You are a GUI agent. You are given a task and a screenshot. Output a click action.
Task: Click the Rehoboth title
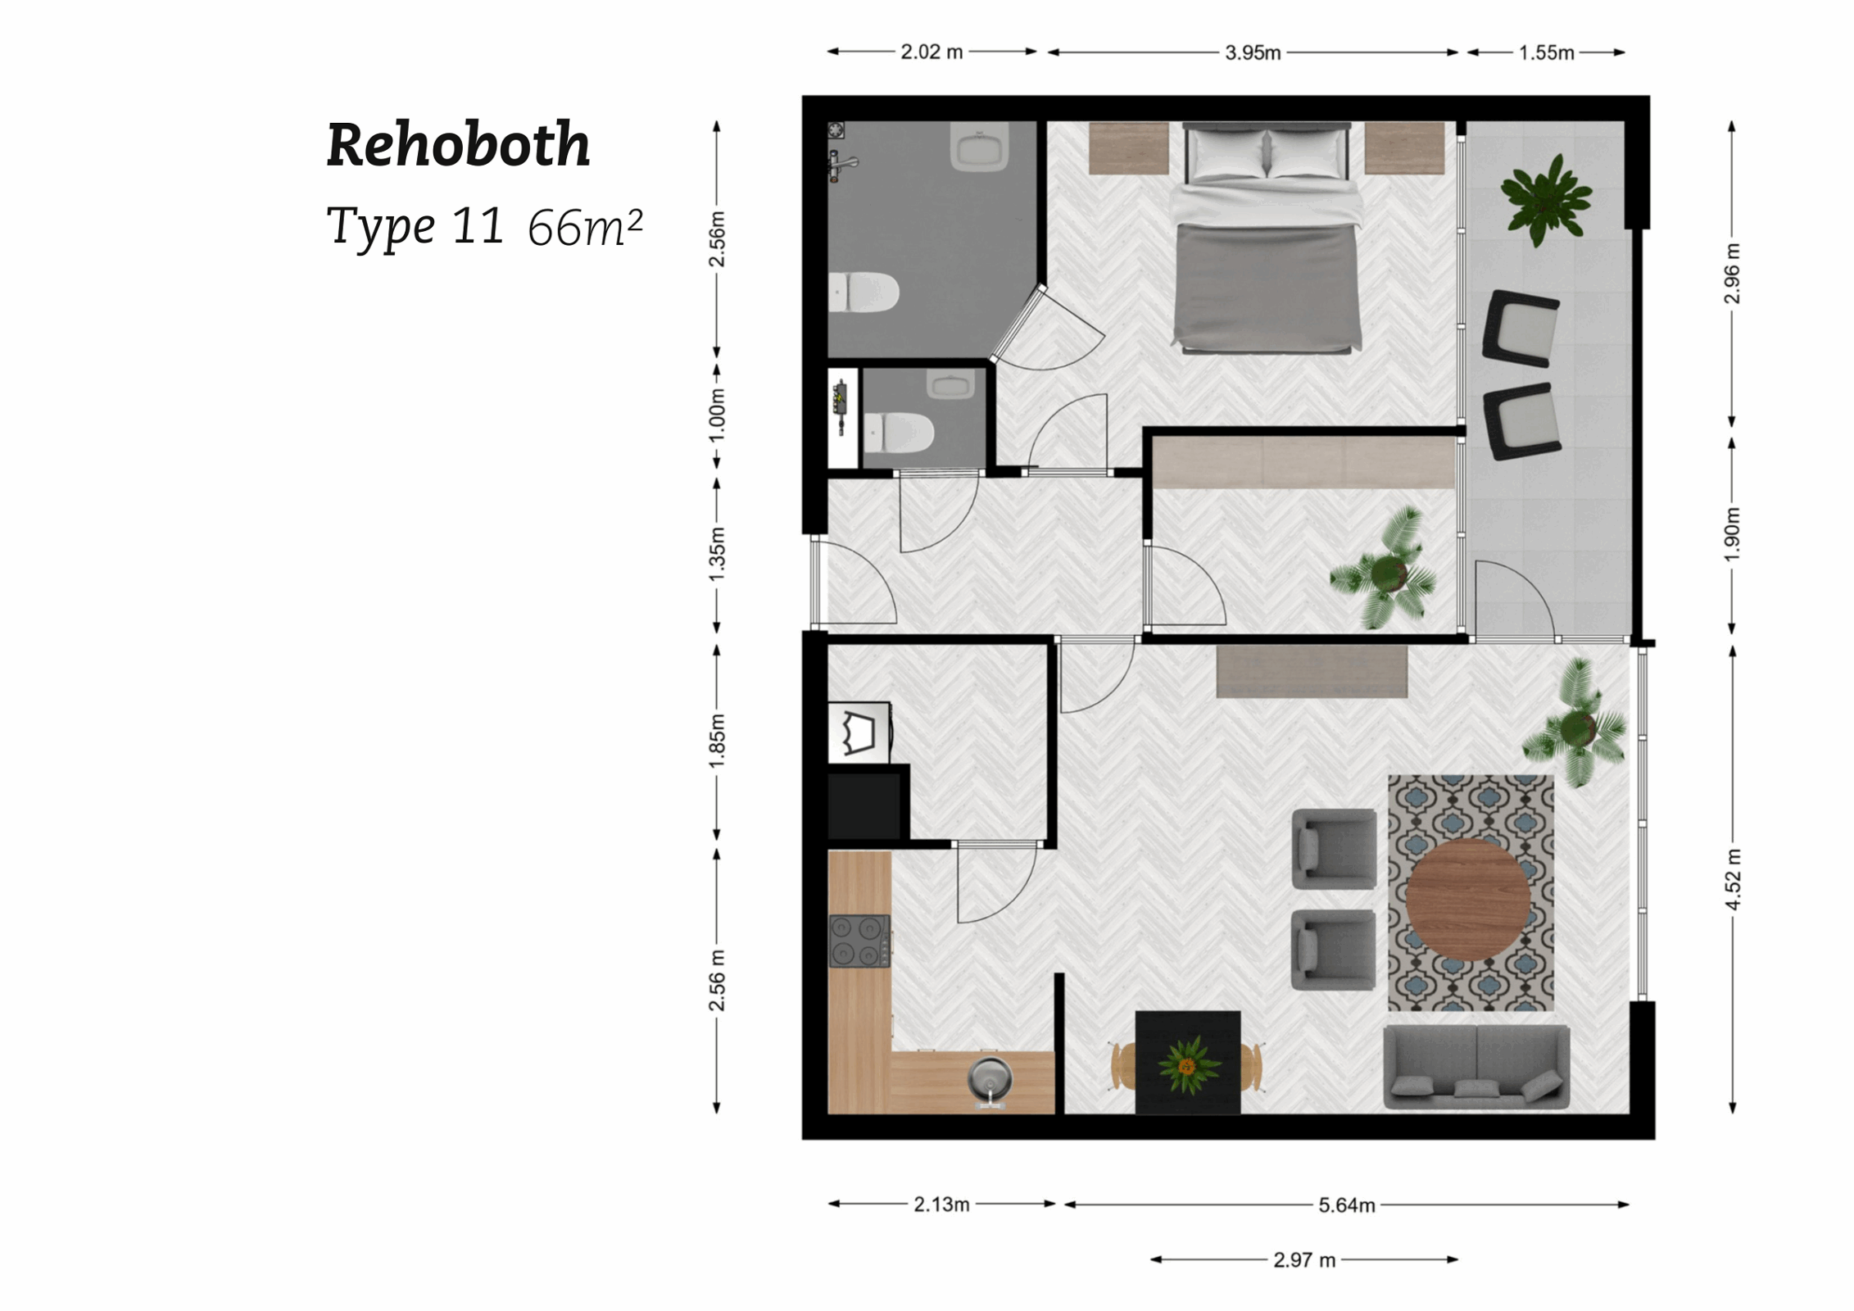pyautogui.click(x=458, y=145)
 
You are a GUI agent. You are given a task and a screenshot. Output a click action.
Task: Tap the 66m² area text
pyautogui.click(x=584, y=228)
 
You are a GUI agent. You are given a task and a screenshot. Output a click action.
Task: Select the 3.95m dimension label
pyautogui.click(x=1252, y=53)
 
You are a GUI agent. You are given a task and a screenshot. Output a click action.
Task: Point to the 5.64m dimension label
pyautogui.click(x=1345, y=1205)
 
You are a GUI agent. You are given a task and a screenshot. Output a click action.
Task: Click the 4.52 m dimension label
pyautogui.click(x=1732, y=879)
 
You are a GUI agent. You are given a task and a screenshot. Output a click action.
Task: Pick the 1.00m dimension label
pyautogui.click(x=717, y=415)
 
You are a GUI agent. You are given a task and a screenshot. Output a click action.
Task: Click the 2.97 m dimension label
pyautogui.click(x=1303, y=1260)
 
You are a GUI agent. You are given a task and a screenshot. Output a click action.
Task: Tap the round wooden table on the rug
pyautogui.click(x=1467, y=899)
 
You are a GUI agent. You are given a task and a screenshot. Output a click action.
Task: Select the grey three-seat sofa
pyautogui.click(x=1475, y=1067)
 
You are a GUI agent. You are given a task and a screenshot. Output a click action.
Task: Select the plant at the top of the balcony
pyautogui.click(x=1545, y=198)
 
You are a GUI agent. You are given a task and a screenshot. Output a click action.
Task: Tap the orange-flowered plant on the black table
pyautogui.click(x=1187, y=1064)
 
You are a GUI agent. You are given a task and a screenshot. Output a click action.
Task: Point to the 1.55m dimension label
pyautogui.click(x=1546, y=53)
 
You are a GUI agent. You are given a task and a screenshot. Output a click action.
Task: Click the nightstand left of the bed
pyautogui.click(x=1128, y=148)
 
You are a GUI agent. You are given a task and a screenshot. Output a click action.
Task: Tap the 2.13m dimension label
pyautogui.click(x=941, y=1204)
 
